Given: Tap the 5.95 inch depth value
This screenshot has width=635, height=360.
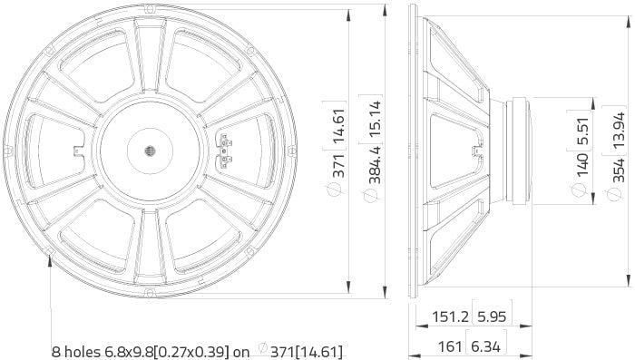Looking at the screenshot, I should point(489,319).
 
